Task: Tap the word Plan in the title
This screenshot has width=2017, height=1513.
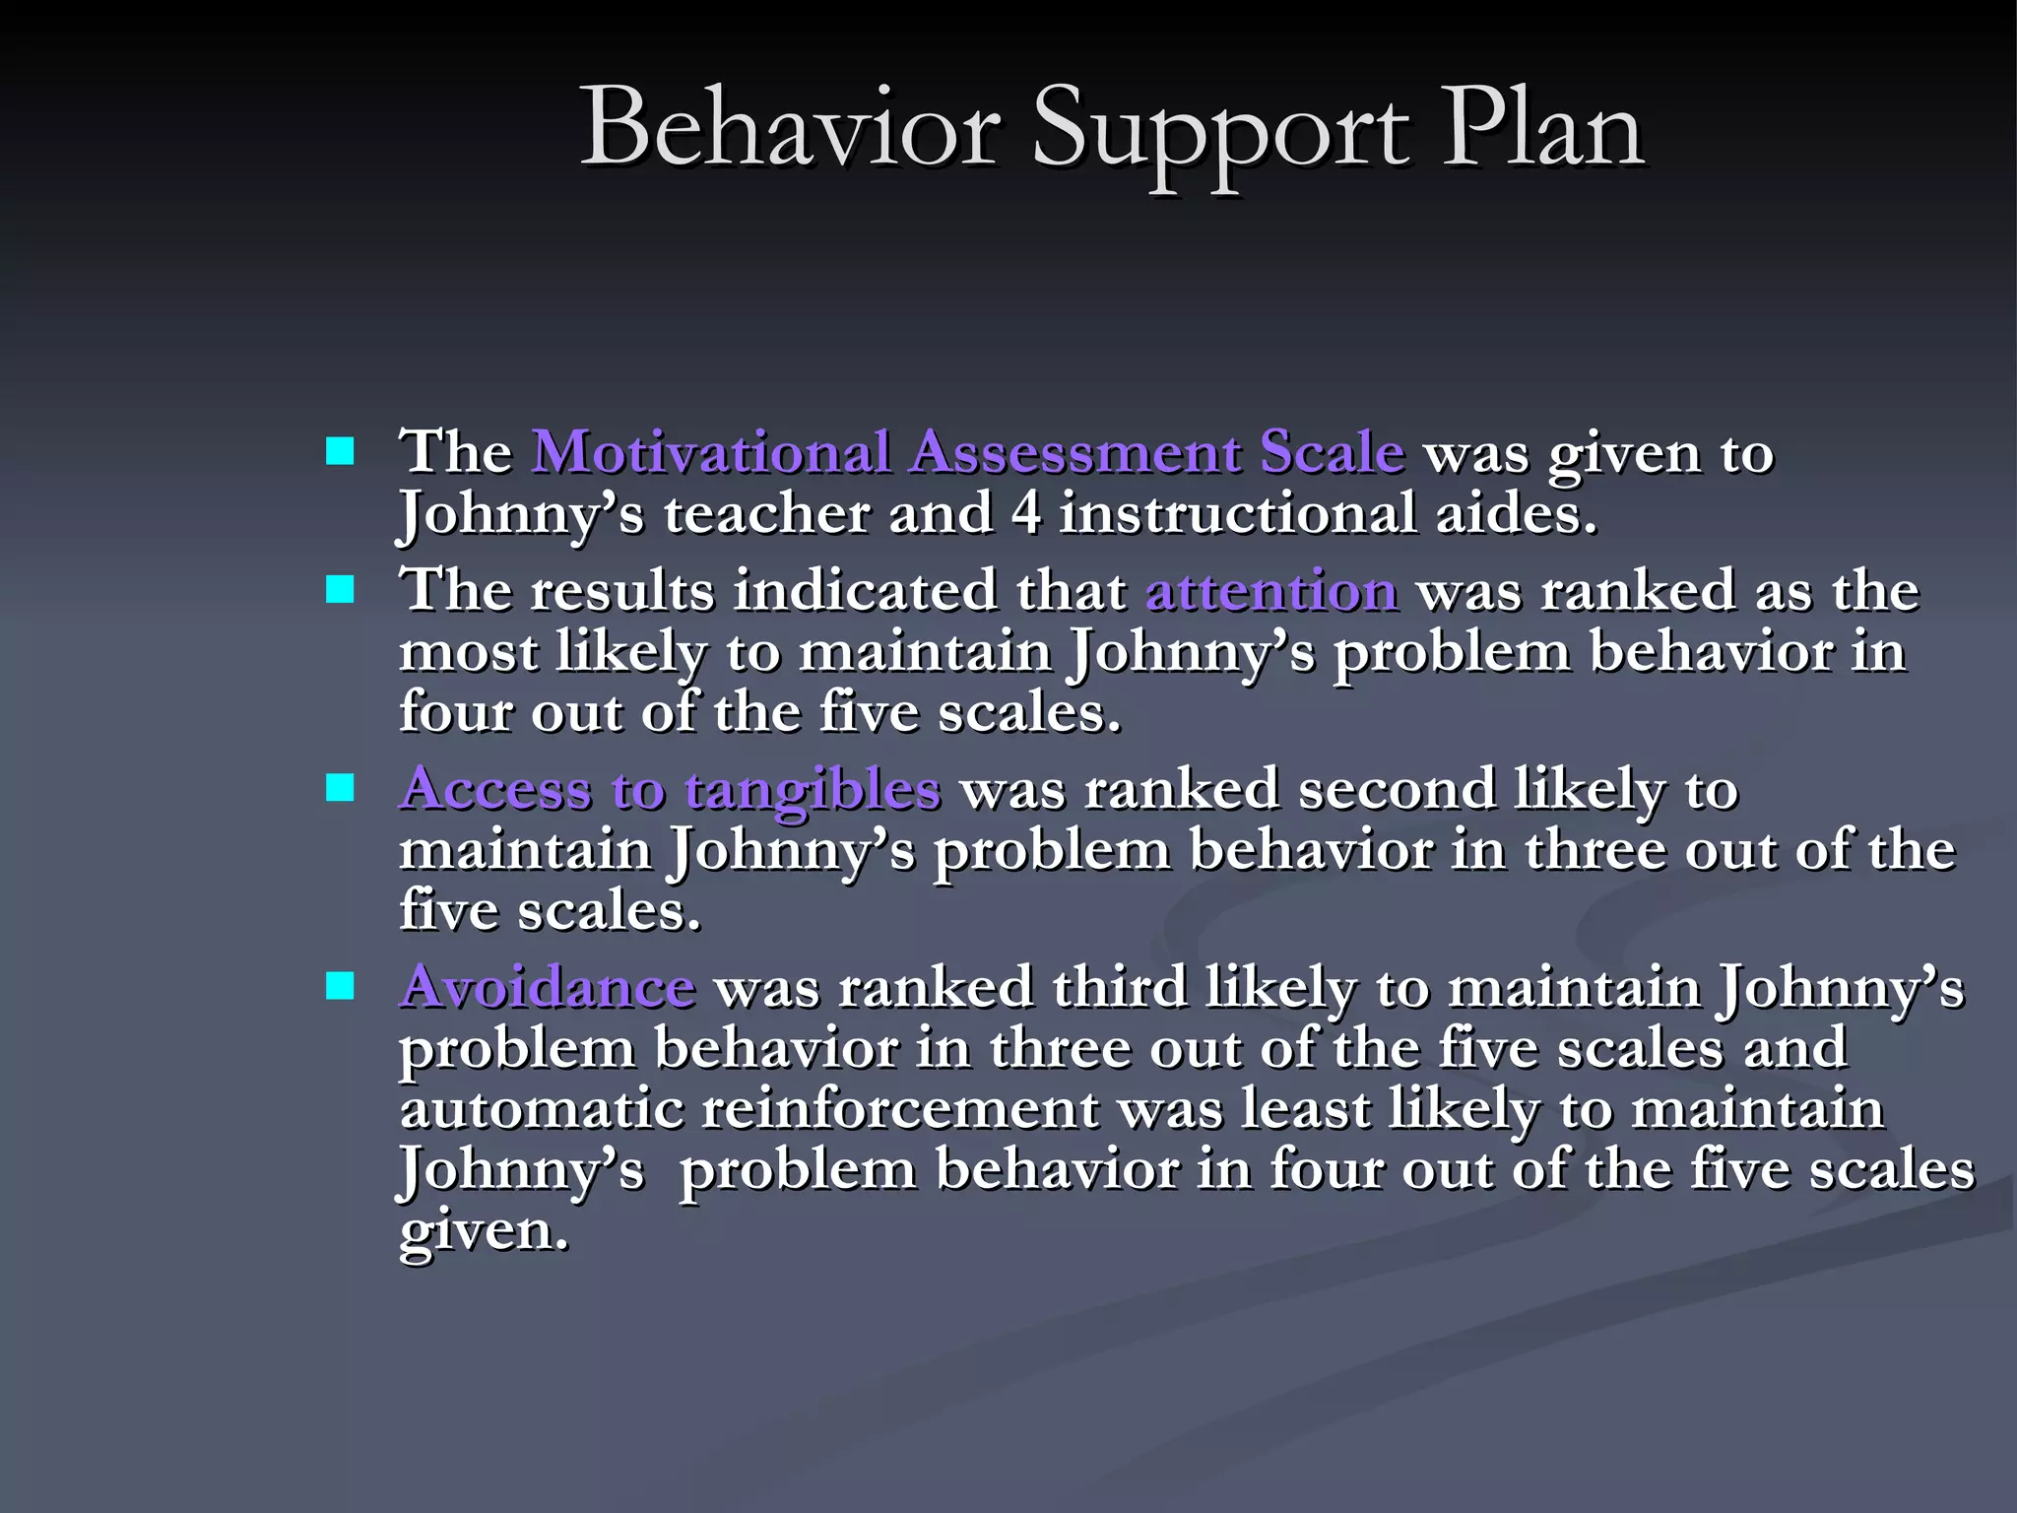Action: click(1543, 128)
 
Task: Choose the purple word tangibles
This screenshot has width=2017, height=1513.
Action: click(813, 791)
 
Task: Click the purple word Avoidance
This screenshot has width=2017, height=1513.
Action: click(548, 987)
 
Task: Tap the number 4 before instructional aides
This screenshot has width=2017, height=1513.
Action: click(1025, 513)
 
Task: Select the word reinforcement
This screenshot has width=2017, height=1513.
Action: click(899, 1109)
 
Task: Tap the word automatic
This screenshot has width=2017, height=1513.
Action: click(541, 1109)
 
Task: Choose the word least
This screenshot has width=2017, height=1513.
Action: click(1305, 1109)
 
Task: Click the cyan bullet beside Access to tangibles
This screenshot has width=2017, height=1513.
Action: click(340, 788)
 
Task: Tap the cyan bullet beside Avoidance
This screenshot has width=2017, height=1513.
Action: click(340, 986)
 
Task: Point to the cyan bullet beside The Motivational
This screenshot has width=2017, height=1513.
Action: click(340, 452)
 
